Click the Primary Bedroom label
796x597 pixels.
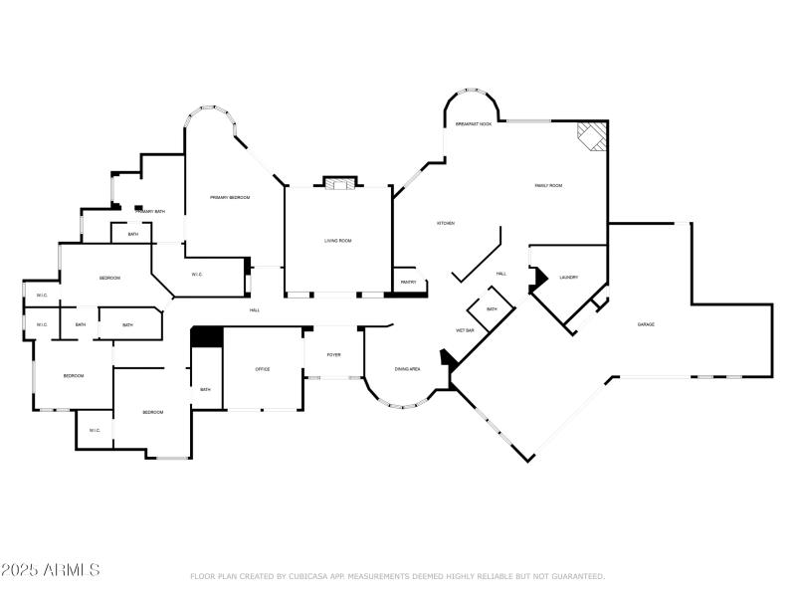click(x=230, y=198)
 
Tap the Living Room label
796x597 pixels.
click(x=338, y=241)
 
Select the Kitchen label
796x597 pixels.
click(x=446, y=223)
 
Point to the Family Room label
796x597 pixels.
click(x=549, y=186)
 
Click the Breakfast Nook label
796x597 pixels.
click(x=474, y=124)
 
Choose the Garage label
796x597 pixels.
click(x=646, y=324)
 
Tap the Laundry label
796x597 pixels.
click(x=569, y=278)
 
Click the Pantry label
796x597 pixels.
click(x=408, y=283)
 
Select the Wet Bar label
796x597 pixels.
click(x=465, y=330)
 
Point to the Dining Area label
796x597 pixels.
click(x=407, y=369)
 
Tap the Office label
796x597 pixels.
click(x=263, y=369)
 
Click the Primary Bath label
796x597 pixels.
click(x=151, y=212)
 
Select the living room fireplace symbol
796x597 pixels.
click(x=337, y=183)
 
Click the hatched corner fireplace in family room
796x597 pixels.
click(x=592, y=136)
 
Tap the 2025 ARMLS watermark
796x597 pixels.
click(x=50, y=570)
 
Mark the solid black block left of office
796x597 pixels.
click(x=207, y=337)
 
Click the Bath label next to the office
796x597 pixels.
click(x=205, y=389)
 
